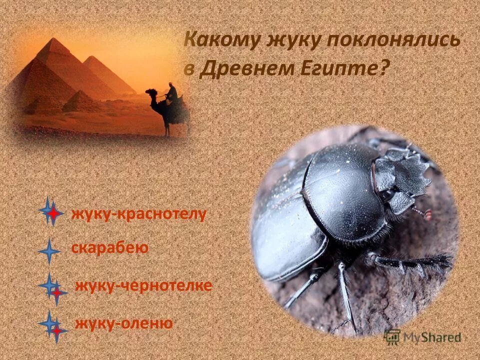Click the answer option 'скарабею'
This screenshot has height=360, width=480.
tap(109, 248)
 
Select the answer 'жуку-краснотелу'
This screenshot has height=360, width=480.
tap(138, 214)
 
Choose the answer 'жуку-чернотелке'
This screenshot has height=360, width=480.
tap(143, 286)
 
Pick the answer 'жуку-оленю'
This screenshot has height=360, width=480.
tap(123, 323)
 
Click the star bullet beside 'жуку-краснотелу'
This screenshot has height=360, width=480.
tap(50, 212)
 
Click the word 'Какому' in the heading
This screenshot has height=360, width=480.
tap(219, 40)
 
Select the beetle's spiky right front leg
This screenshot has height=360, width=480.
tap(415, 262)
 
